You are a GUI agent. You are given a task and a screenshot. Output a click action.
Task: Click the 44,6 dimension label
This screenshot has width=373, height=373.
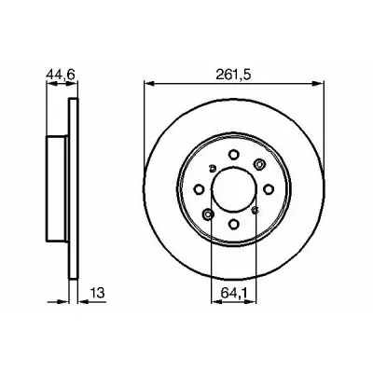61,75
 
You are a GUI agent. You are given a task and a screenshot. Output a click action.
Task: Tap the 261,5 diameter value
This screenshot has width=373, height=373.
233,75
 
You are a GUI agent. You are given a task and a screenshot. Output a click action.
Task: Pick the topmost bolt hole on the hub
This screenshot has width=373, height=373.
234,154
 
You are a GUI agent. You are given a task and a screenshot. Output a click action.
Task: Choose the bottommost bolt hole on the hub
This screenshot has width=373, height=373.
234,224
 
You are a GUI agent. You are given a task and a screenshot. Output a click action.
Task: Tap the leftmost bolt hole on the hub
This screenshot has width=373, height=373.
199,188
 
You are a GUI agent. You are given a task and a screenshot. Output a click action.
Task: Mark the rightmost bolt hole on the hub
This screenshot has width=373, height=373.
269,188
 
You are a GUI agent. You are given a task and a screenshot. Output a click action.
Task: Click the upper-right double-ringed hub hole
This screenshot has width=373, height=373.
259,164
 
